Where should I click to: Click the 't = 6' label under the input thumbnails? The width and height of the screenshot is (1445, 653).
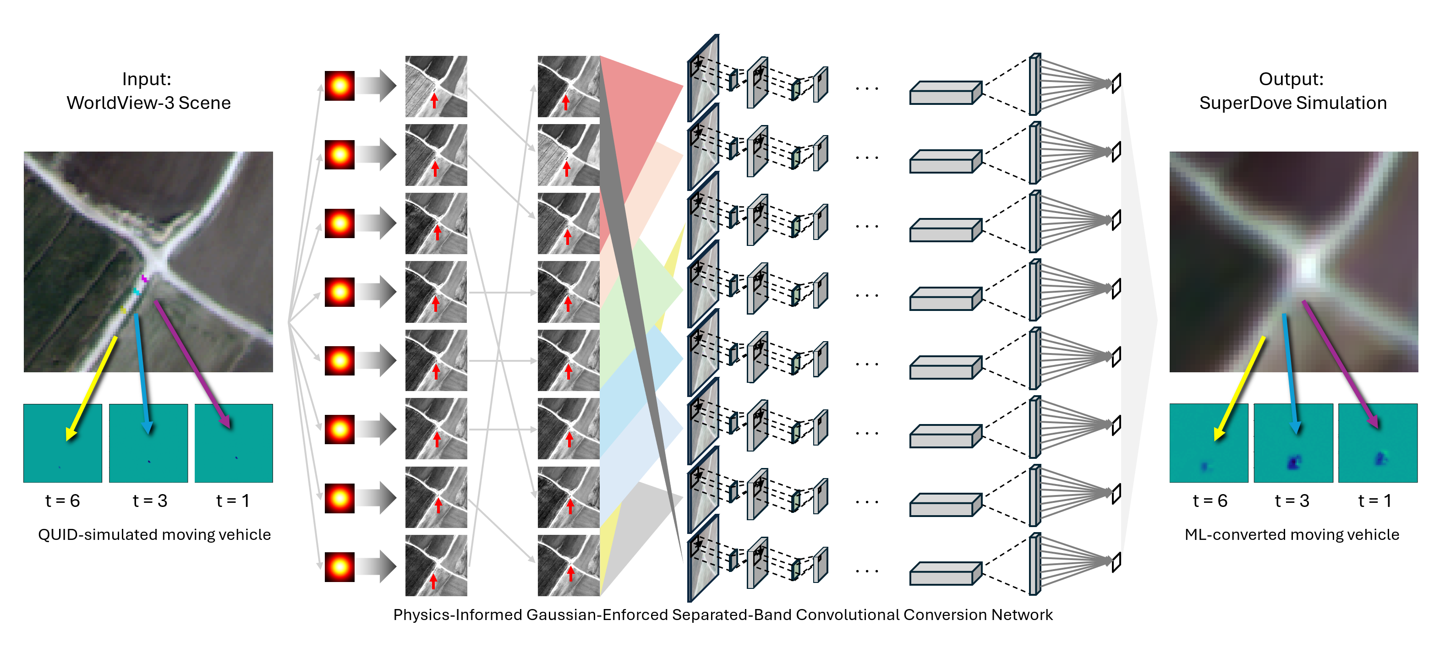tap(62, 500)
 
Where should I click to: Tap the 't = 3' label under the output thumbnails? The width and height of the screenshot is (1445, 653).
tap(1292, 500)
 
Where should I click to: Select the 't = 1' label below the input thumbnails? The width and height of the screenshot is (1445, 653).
tap(232, 500)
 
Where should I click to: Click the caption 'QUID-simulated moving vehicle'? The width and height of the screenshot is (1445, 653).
tap(154, 534)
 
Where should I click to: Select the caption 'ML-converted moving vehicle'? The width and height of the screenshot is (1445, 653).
tap(1292, 534)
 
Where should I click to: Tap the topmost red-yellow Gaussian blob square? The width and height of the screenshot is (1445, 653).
tap(339, 86)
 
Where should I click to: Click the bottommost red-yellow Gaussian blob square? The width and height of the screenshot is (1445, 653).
tap(339, 566)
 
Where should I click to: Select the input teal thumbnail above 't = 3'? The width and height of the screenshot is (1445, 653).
tap(148, 443)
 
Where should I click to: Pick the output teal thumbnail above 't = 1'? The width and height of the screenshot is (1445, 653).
tap(1378, 443)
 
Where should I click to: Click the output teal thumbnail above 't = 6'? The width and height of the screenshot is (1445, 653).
tap(1209, 443)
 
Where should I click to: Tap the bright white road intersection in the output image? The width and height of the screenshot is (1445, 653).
tap(1308, 267)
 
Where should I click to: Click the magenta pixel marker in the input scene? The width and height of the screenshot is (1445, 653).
tap(144, 278)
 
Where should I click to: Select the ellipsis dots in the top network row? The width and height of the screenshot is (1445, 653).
tap(867, 88)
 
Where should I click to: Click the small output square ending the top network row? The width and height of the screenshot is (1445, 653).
tap(1117, 83)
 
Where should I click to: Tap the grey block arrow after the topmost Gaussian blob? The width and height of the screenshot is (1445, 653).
tap(377, 86)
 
